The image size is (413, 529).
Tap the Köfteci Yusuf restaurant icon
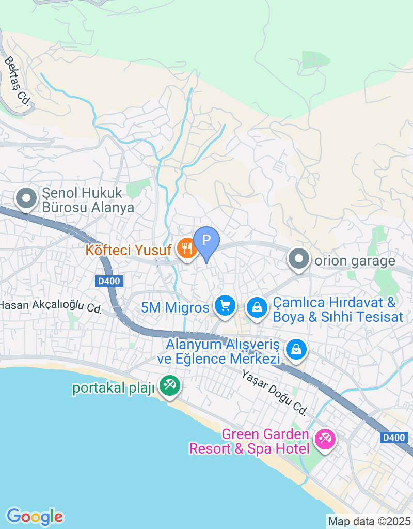185,248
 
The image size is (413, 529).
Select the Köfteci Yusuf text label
129,251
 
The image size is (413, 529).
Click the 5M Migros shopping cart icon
225,305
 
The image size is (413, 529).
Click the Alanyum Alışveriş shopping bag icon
297,349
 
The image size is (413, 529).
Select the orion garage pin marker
298,258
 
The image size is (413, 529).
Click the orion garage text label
355,261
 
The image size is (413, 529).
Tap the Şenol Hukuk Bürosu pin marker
25,198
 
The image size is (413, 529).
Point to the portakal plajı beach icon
169,384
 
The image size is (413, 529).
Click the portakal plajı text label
114,388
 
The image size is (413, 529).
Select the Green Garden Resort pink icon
325,440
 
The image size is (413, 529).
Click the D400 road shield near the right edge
394,438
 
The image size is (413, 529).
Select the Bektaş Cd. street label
18,81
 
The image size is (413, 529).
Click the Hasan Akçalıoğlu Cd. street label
51,306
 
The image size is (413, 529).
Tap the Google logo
35,516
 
